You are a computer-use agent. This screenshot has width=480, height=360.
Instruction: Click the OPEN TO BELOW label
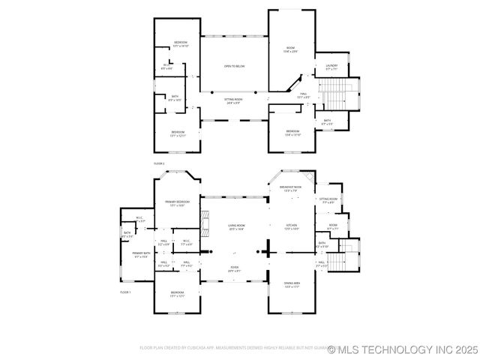[x=234, y=67]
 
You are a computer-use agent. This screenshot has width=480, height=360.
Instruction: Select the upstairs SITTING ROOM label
[x=234, y=100]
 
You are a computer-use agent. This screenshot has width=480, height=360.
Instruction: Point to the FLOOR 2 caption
[x=159, y=163]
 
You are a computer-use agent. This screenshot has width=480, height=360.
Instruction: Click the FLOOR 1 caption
[x=125, y=292]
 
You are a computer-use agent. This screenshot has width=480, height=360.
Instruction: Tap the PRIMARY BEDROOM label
[x=177, y=203]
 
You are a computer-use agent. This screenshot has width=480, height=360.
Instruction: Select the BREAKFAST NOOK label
[x=290, y=189]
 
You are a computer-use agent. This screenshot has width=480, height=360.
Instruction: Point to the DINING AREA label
[x=291, y=284]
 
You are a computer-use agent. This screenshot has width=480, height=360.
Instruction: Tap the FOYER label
[x=235, y=268]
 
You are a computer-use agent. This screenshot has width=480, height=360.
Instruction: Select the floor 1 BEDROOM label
[x=177, y=293]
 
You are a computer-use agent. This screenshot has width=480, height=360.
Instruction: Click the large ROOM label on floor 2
[x=290, y=50]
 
